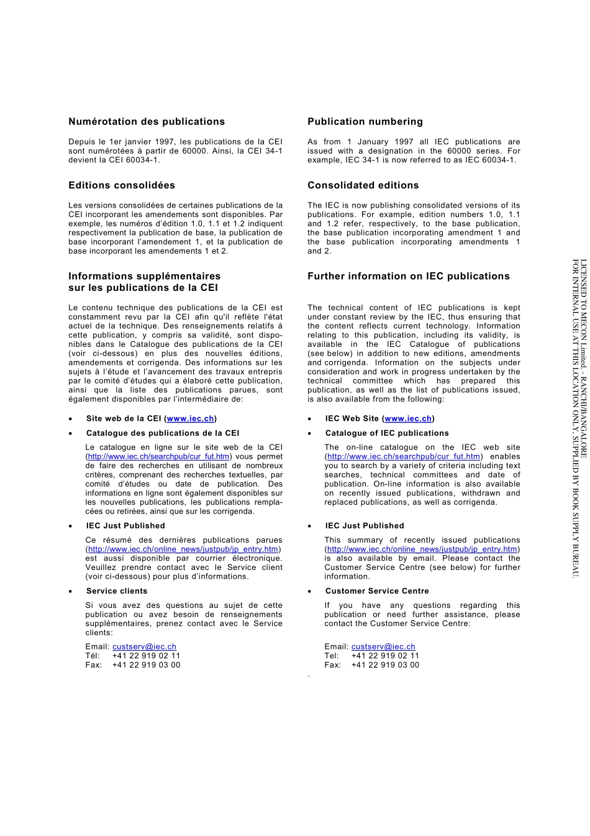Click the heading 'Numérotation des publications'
pyautogui.click(x=147, y=122)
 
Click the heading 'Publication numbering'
pyautogui.click(x=365, y=122)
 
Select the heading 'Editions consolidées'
pyautogui.click(x=122, y=185)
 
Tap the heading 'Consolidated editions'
pyautogui.click(x=363, y=185)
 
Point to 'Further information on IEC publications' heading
pyautogui.click(x=409, y=276)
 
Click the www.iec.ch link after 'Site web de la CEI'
pyautogui.click(x=191, y=419)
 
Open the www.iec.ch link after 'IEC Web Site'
pyautogui.click(x=408, y=419)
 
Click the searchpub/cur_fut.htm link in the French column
pyautogui.click(x=159, y=457)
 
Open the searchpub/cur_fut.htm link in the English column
pyautogui.click(x=404, y=457)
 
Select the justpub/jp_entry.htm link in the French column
pyautogui.click(x=183, y=549)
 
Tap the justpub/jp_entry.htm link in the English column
pyautogui.click(x=422, y=549)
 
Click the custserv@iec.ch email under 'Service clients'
pyautogui.click(x=144, y=647)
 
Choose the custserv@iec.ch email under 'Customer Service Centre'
pyautogui.click(x=383, y=647)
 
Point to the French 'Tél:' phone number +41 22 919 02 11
pyautogui.click(x=146, y=656)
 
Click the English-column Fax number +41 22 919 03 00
pyautogui.click(x=385, y=665)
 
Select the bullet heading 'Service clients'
pyautogui.click(x=117, y=591)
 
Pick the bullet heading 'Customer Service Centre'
pyautogui.click(x=377, y=591)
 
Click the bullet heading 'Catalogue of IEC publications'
pyautogui.click(x=387, y=433)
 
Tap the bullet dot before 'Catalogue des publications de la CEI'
pyautogui.click(x=71, y=434)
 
